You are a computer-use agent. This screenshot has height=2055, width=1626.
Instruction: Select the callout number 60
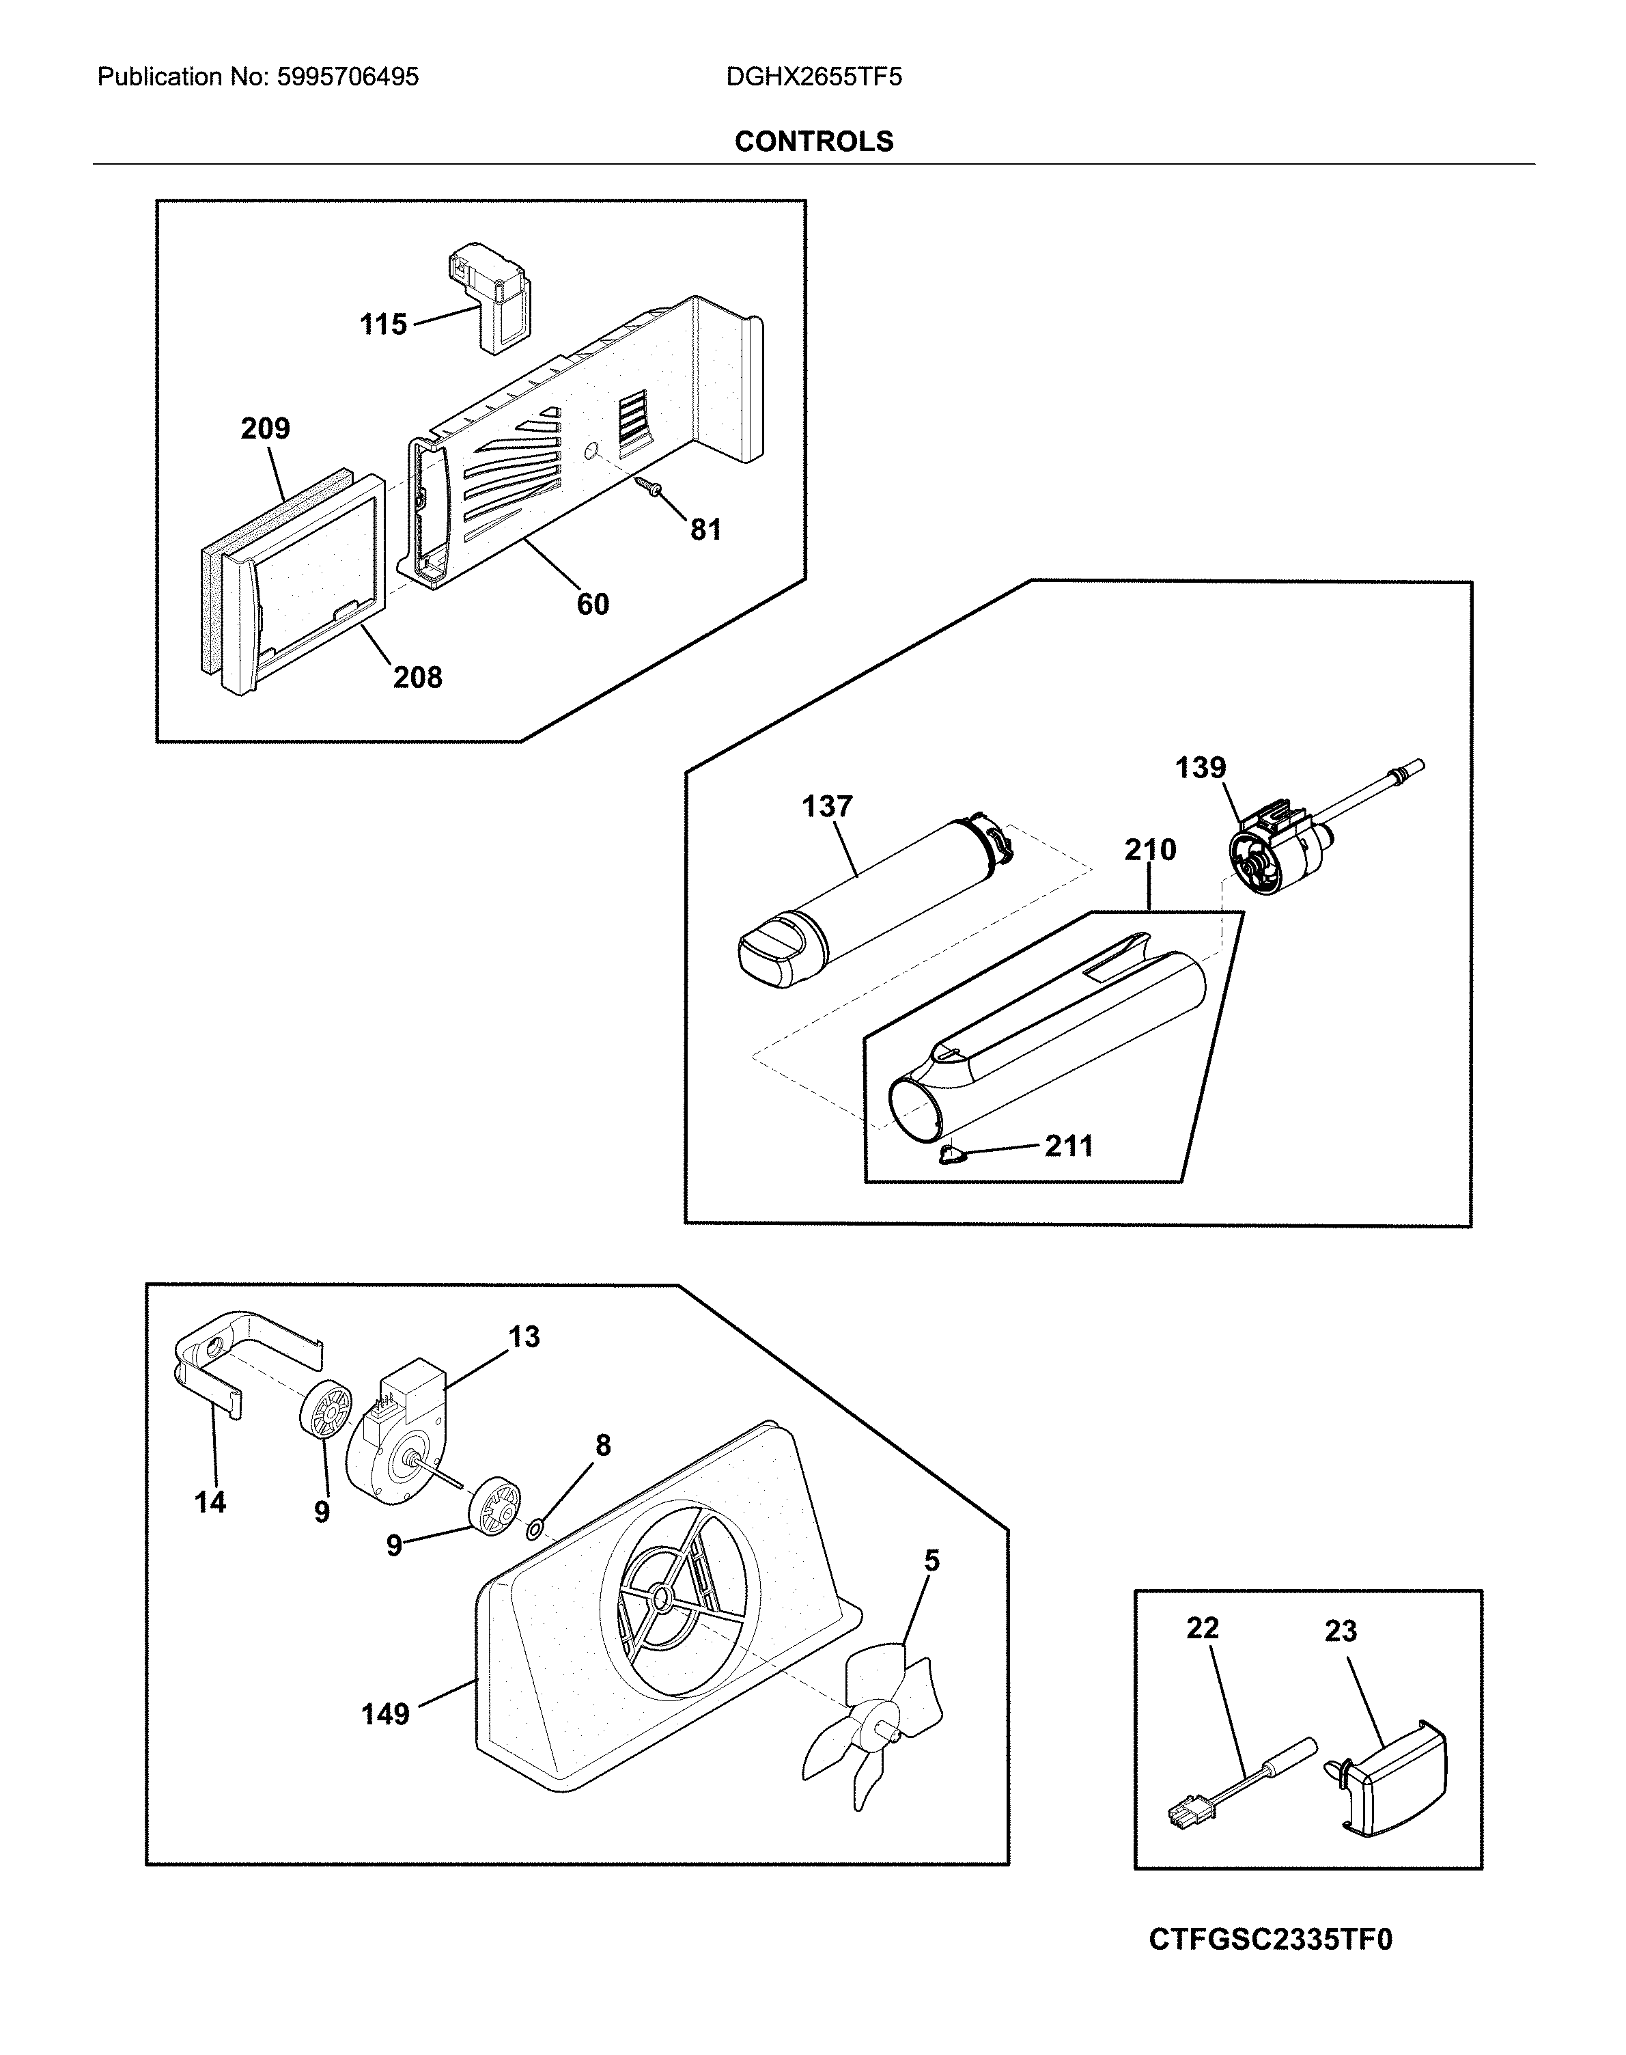(x=592, y=604)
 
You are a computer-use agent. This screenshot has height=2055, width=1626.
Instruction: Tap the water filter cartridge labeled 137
(x=876, y=895)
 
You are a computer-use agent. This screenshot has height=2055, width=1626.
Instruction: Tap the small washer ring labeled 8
(x=535, y=1530)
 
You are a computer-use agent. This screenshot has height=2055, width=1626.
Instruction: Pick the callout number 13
(x=524, y=1337)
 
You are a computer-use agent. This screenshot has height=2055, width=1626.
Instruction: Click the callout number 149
(x=384, y=1714)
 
